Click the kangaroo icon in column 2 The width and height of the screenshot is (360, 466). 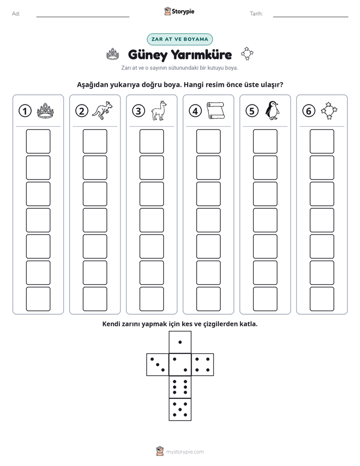[102, 110]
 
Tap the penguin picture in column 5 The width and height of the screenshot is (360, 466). [272, 110]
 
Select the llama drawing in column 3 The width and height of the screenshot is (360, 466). [159, 110]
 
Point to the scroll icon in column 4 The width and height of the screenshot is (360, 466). [216, 110]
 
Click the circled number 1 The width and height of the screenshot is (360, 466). [25, 111]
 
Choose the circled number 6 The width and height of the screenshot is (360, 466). [309, 111]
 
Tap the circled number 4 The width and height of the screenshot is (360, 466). [195, 111]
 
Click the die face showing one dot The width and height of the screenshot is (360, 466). [180, 342]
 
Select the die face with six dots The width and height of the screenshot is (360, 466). [180, 387]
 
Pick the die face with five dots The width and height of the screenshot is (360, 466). [180, 410]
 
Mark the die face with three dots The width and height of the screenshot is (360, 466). [158, 365]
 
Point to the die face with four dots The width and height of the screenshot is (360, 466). [203, 365]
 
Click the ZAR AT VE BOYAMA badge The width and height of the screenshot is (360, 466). [179, 39]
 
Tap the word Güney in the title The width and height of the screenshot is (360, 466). [148, 55]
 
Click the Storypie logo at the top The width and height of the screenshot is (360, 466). [179, 12]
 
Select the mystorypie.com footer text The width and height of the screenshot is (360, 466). [185, 452]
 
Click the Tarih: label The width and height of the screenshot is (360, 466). [256, 14]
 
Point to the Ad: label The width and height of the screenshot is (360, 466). [16, 14]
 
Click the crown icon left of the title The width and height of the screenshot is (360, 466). [113, 54]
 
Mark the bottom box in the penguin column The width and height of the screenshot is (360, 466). [265, 299]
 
